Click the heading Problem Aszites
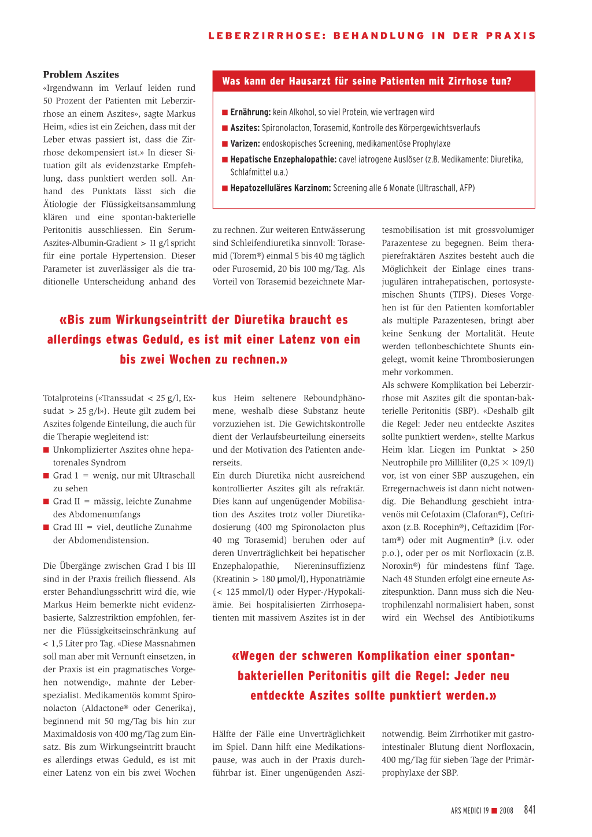point(81,75)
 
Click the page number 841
point(530,810)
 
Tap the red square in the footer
point(494,811)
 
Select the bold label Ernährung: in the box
point(250,112)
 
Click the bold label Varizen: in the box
point(245,143)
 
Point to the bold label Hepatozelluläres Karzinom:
point(280,188)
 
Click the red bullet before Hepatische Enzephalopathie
point(225,160)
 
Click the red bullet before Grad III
point(46,527)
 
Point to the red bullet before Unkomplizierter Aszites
point(46,450)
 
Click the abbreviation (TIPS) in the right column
point(462,295)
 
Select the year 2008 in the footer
point(506,811)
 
